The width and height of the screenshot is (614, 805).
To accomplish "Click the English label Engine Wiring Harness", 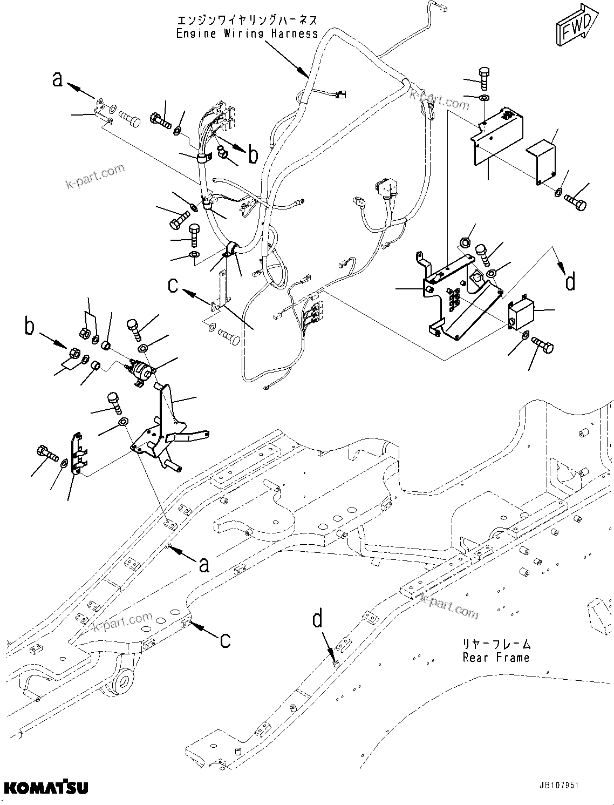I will point(247,33).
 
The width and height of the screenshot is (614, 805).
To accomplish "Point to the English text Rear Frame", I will point(496,657).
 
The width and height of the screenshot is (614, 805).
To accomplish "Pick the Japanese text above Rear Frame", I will point(496,644).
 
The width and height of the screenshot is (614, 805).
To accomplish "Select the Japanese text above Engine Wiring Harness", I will point(247,21).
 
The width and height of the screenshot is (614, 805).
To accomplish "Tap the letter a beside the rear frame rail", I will point(203,564).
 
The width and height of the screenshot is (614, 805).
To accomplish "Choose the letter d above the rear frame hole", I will point(319,618).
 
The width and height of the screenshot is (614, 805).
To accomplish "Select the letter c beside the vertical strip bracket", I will point(173,285).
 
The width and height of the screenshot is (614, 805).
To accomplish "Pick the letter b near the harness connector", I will point(253,155).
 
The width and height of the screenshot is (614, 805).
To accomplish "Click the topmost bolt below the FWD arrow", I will point(484,77).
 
